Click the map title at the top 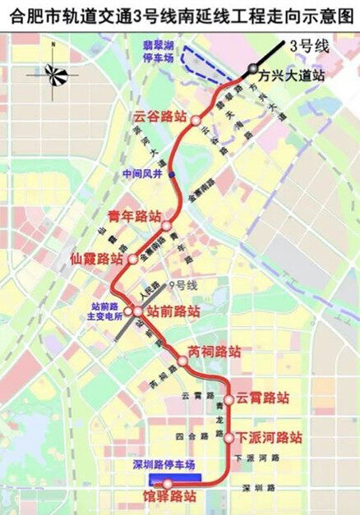pyautogui.click(x=179, y=13)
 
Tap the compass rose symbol pyautogui.click(x=57, y=76)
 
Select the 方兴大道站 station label pyautogui.click(x=291, y=74)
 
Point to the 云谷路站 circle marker pyautogui.click(x=196, y=121)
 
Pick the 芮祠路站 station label pyautogui.click(x=215, y=351)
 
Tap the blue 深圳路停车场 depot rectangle pyautogui.click(x=175, y=477)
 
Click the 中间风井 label pyautogui.click(x=143, y=173)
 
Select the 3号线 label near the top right pyautogui.click(x=309, y=46)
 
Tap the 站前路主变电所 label pyautogui.click(x=105, y=310)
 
